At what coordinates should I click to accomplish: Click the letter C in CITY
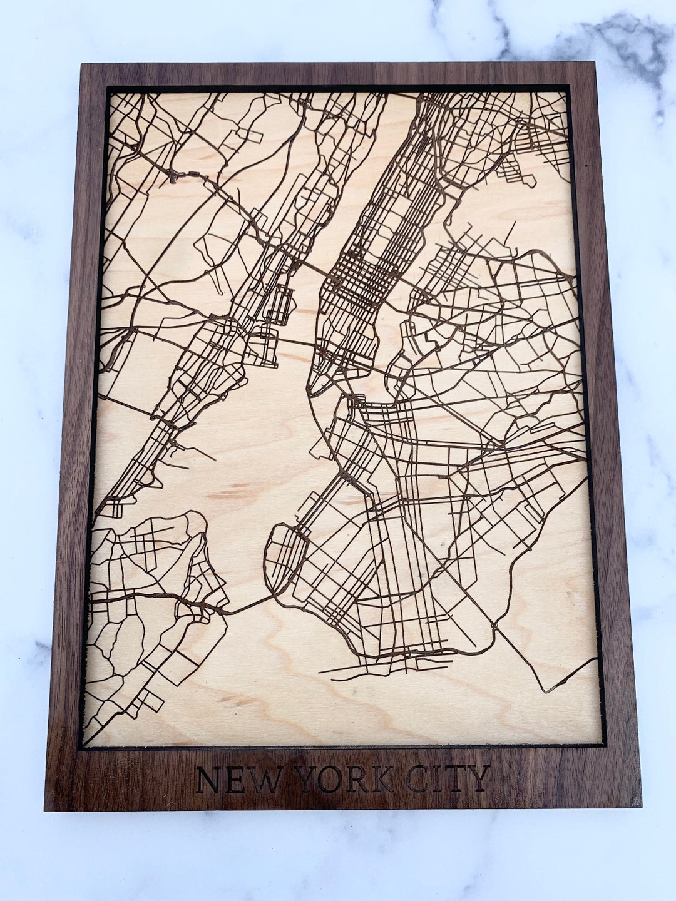pyautogui.click(x=416, y=779)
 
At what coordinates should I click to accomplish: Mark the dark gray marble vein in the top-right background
pyautogui.click(x=626, y=38)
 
